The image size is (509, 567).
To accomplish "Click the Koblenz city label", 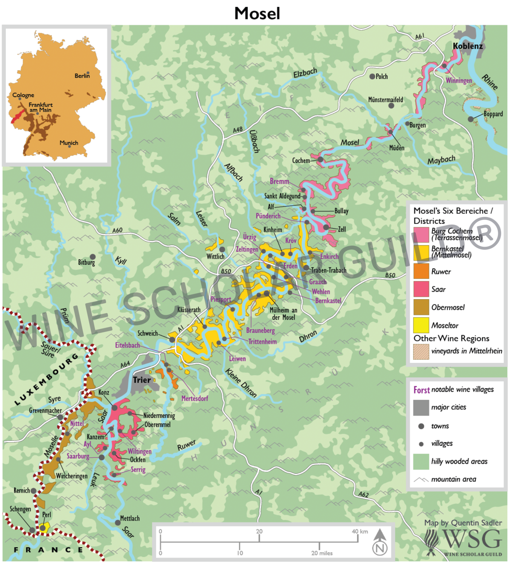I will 468,46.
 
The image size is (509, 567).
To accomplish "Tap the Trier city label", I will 142,380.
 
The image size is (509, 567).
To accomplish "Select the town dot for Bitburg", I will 92,257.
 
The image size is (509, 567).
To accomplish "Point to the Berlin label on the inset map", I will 82,76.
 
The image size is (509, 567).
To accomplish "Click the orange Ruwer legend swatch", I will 421,271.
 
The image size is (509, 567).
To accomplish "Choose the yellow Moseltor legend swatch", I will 421,325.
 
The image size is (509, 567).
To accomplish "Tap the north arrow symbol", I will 380,541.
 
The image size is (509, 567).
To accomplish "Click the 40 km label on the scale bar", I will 360,531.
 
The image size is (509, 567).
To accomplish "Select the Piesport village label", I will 221,299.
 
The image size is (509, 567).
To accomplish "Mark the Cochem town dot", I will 320,159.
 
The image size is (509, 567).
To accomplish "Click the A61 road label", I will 420,36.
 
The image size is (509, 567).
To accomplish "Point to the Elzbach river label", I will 305,73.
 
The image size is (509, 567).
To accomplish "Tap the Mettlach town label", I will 130,518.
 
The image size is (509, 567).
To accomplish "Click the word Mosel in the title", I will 257,13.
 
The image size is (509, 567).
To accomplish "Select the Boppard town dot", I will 471,119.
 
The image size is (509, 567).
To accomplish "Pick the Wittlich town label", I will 215,256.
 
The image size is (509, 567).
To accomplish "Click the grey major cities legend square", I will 421,408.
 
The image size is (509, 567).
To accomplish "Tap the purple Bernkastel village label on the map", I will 328,301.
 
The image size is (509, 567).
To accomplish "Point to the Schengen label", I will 20,509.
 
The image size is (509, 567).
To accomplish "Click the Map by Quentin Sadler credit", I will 463,523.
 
